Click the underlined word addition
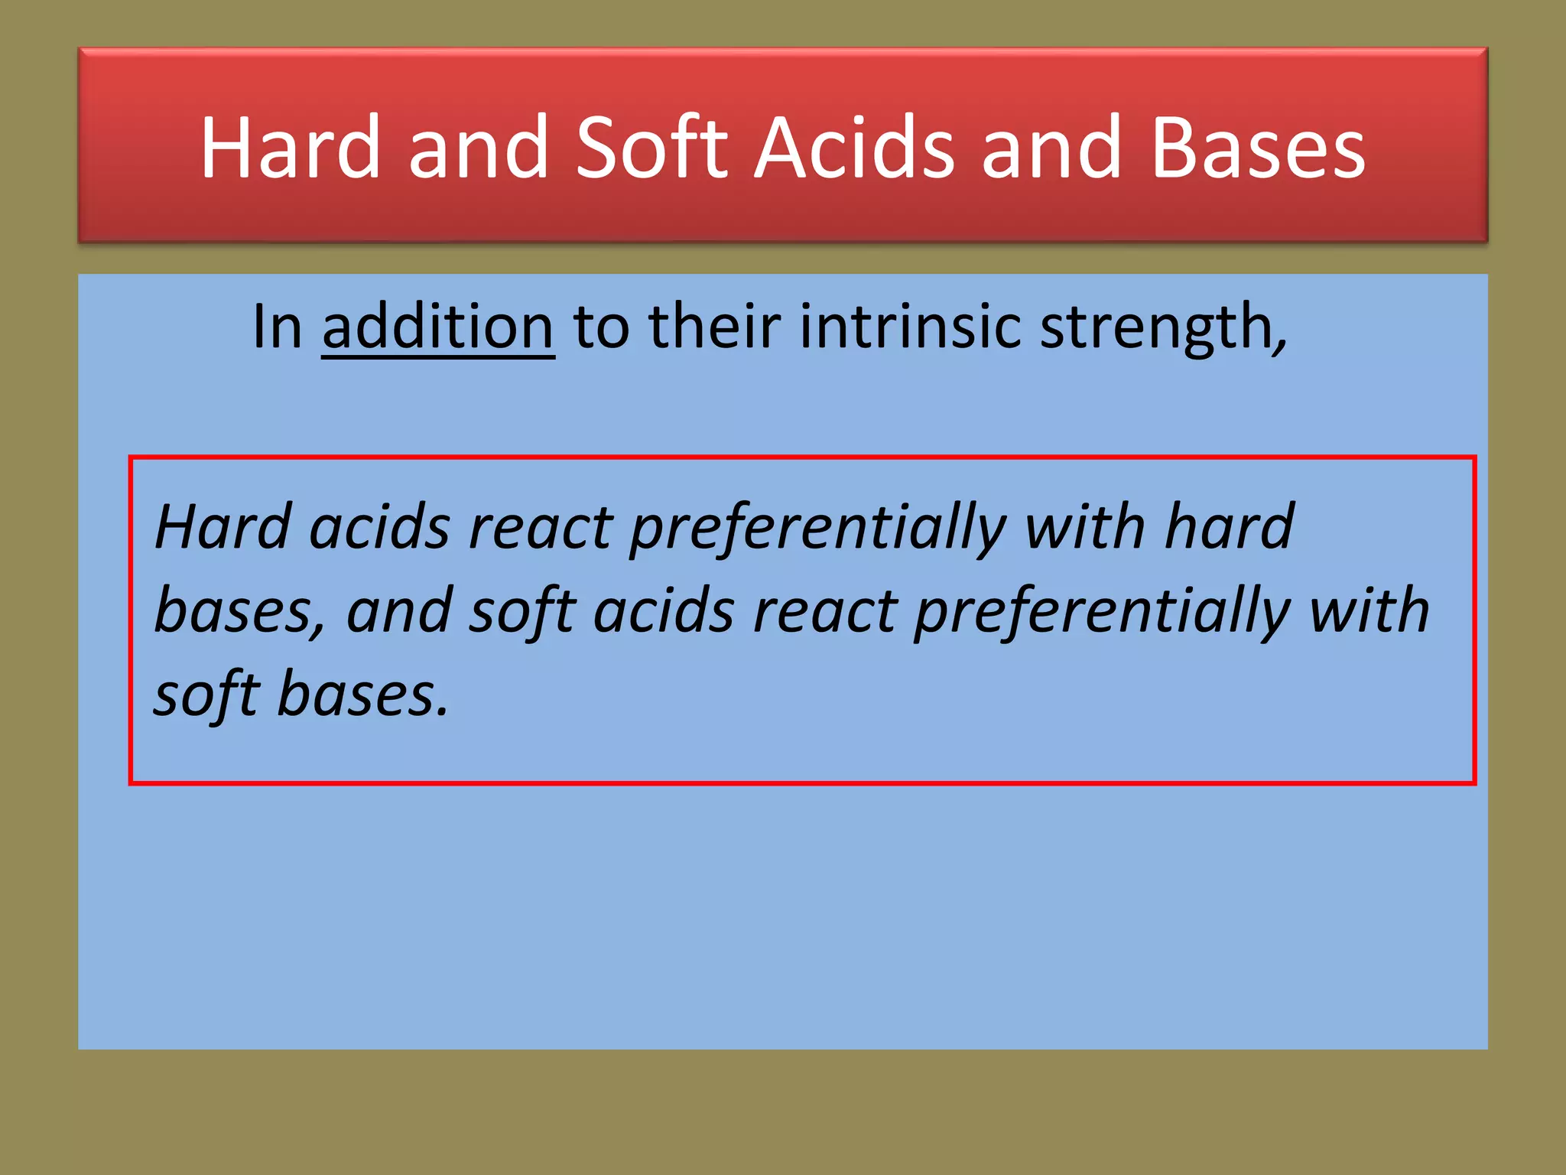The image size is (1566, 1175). click(437, 327)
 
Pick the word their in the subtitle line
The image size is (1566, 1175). click(714, 327)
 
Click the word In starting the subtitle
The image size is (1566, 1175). click(277, 327)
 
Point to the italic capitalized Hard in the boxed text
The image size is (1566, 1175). click(223, 527)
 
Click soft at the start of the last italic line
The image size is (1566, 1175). click(206, 695)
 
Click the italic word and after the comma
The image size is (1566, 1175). click(399, 612)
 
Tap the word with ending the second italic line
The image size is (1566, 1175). click(1369, 612)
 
